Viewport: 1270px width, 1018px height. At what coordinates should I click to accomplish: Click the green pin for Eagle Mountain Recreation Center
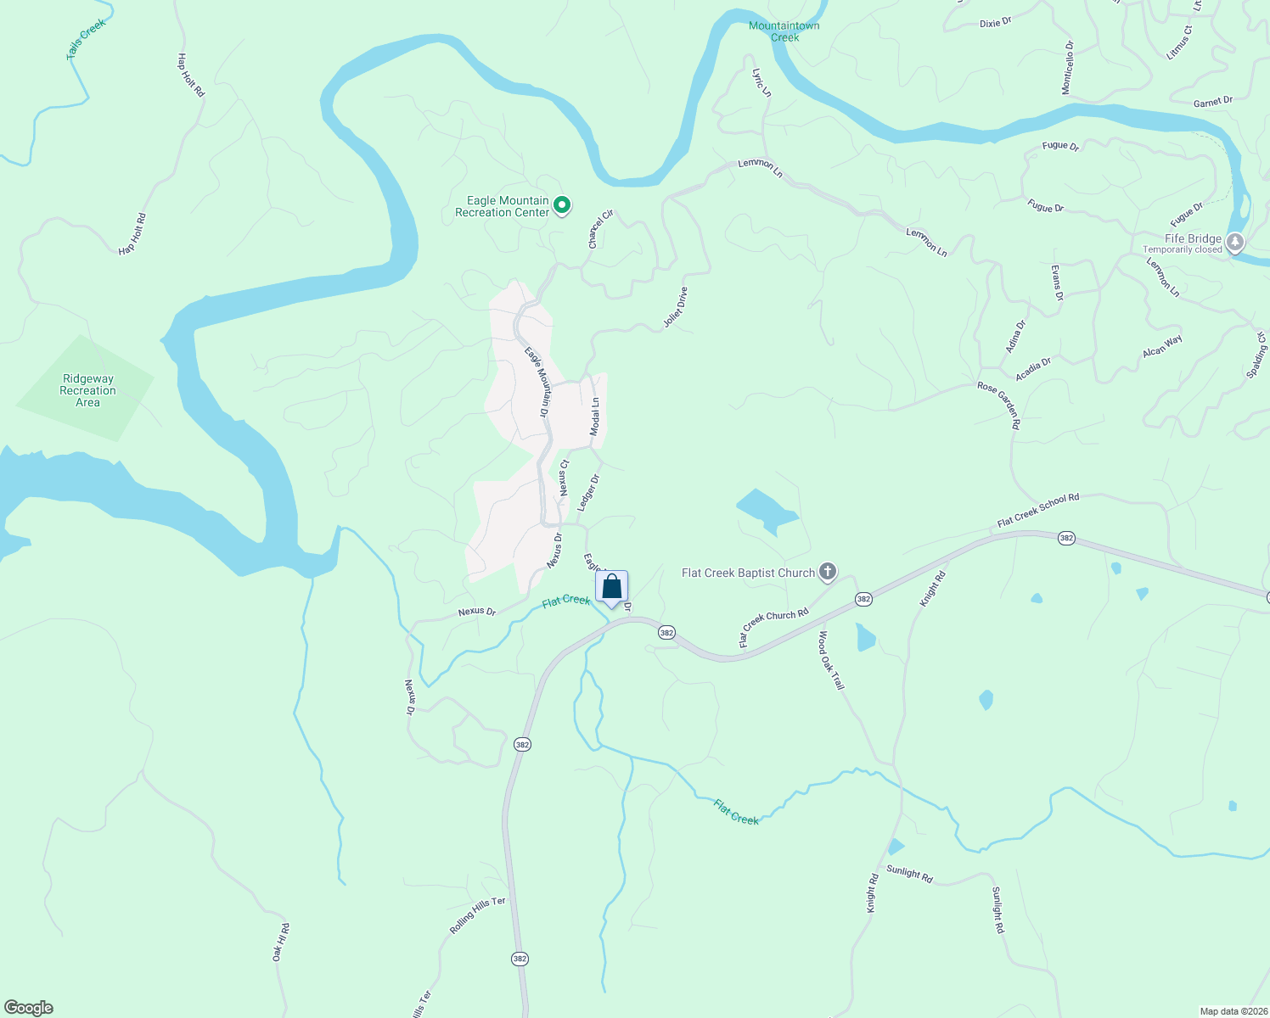(561, 204)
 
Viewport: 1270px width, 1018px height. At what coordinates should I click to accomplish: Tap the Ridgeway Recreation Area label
(87, 391)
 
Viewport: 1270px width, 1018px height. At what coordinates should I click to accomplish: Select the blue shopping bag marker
(611, 587)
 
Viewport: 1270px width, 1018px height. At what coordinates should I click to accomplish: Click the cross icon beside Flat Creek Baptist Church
(828, 573)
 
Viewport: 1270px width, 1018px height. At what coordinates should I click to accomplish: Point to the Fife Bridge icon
(1235, 243)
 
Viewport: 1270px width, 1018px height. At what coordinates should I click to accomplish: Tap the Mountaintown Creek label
(784, 31)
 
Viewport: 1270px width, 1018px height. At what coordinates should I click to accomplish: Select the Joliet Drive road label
(676, 308)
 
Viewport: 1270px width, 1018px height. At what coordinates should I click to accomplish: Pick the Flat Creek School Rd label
(1038, 510)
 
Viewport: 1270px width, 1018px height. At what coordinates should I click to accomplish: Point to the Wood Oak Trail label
(832, 660)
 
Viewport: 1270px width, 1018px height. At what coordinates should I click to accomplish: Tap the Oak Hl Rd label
(281, 942)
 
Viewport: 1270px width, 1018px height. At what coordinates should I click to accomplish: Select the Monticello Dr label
(1068, 67)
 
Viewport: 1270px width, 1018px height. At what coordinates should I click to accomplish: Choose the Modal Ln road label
(595, 417)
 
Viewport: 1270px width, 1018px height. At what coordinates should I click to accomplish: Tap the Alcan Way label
(1162, 346)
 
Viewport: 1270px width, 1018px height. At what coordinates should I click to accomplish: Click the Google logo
(29, 1008)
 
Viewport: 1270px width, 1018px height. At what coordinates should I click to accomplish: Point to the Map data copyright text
(1233, 1011)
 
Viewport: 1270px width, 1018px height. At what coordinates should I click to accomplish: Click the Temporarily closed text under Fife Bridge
(1183, 250)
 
